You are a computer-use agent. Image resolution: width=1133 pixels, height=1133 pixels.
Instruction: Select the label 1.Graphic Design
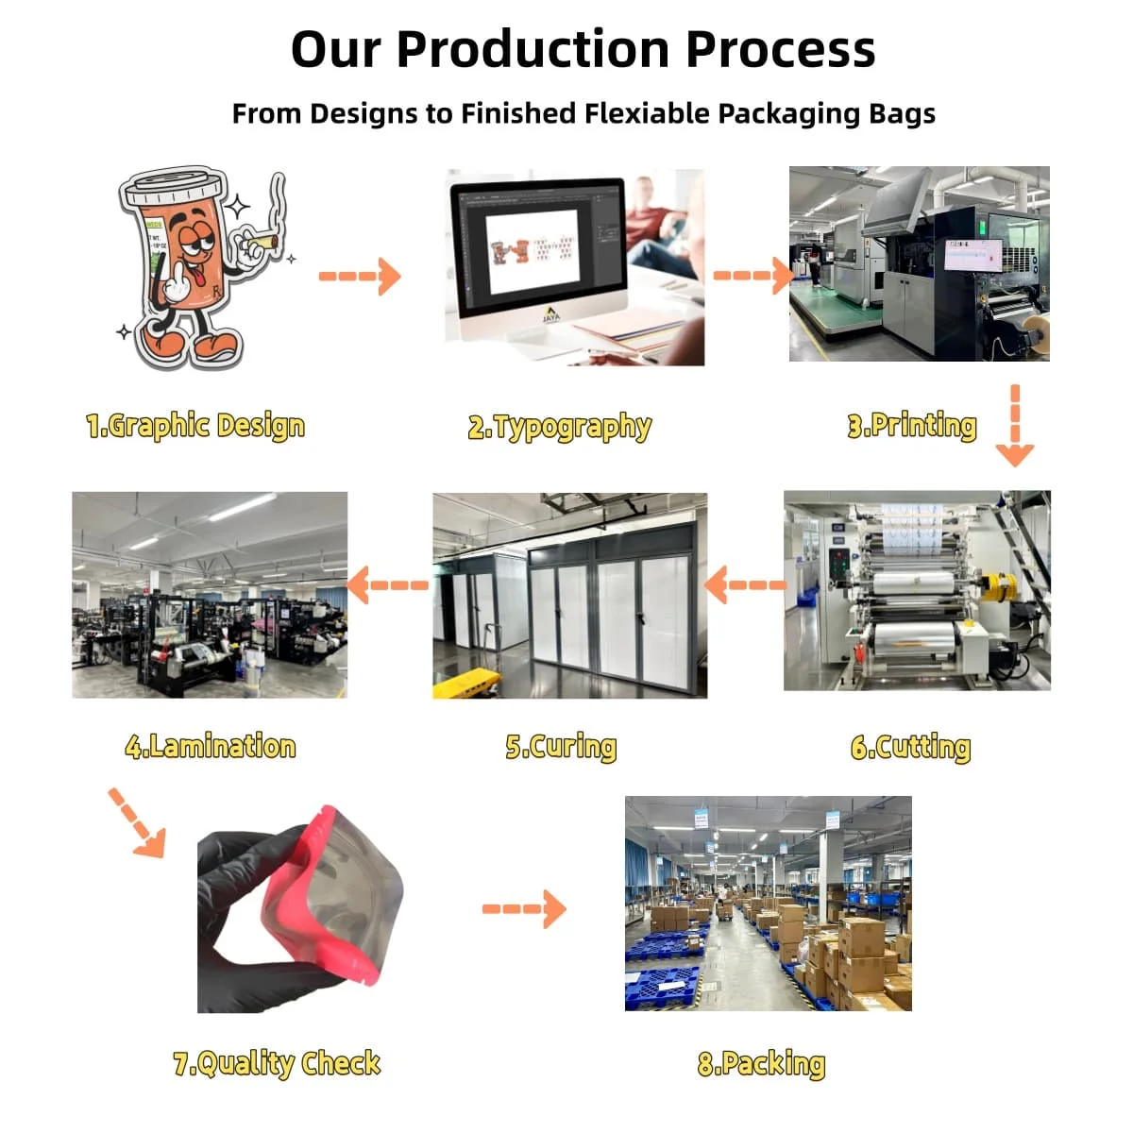[x=195, y=426]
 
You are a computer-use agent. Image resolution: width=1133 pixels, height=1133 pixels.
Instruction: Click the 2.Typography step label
[x=560, y=427]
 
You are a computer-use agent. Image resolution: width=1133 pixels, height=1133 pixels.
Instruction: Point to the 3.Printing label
[x=912, y=426]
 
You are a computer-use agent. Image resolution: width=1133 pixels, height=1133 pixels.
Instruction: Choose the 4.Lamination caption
[x=210, y=747]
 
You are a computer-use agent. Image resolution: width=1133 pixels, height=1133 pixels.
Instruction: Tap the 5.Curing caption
[x=561, y=747]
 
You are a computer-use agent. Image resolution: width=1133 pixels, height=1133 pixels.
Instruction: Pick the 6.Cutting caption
[x=911, y=747]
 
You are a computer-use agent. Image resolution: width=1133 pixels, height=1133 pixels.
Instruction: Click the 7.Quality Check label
[x=277, y=1064]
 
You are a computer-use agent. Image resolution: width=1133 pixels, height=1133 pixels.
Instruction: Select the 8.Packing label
[x=761, y=1064]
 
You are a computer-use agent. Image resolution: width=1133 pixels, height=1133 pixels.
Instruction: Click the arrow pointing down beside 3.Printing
[x=1015, y=425]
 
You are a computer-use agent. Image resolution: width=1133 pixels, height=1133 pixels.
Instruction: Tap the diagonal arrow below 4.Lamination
[x=138, y=823]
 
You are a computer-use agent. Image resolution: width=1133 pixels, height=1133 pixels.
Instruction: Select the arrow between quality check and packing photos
[x=524, y=909]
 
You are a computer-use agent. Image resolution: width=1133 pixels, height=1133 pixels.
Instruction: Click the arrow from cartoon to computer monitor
[x=360, y=276]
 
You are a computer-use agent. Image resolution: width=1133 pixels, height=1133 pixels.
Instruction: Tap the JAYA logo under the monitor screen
[x=550, y=314]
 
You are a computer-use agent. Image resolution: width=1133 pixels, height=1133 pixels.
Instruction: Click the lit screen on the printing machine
[x=973, y=255]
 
